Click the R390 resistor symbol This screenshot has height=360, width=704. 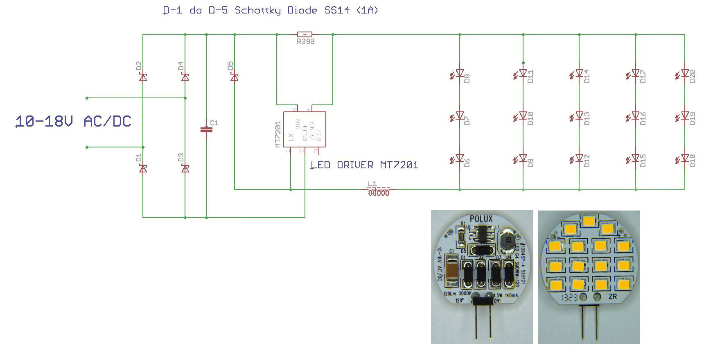click(305, 35)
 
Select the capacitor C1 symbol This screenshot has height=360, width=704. click(206, 130)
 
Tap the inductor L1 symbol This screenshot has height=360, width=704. click(379, 190)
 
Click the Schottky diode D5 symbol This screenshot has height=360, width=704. click(235, 77)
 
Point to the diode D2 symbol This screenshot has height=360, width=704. click(143, 77)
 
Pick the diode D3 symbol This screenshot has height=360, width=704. click(185, 168)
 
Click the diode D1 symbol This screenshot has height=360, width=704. click(143, 168)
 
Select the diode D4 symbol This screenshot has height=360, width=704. click(185, 77)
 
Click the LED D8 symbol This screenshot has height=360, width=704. click(459, 74)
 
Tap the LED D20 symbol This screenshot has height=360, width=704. click(684, 74)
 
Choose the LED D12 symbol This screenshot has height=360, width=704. click(579, 158)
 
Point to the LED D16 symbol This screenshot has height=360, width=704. click(635, 116)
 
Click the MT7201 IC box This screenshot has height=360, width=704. click(305, 129)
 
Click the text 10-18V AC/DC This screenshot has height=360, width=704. click(73, 122)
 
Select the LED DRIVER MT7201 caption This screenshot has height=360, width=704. click(365, 165)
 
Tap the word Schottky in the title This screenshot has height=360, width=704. click(258, 10)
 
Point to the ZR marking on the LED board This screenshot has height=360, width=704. click(613, 297)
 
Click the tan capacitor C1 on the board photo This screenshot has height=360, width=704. click(452, 269)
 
